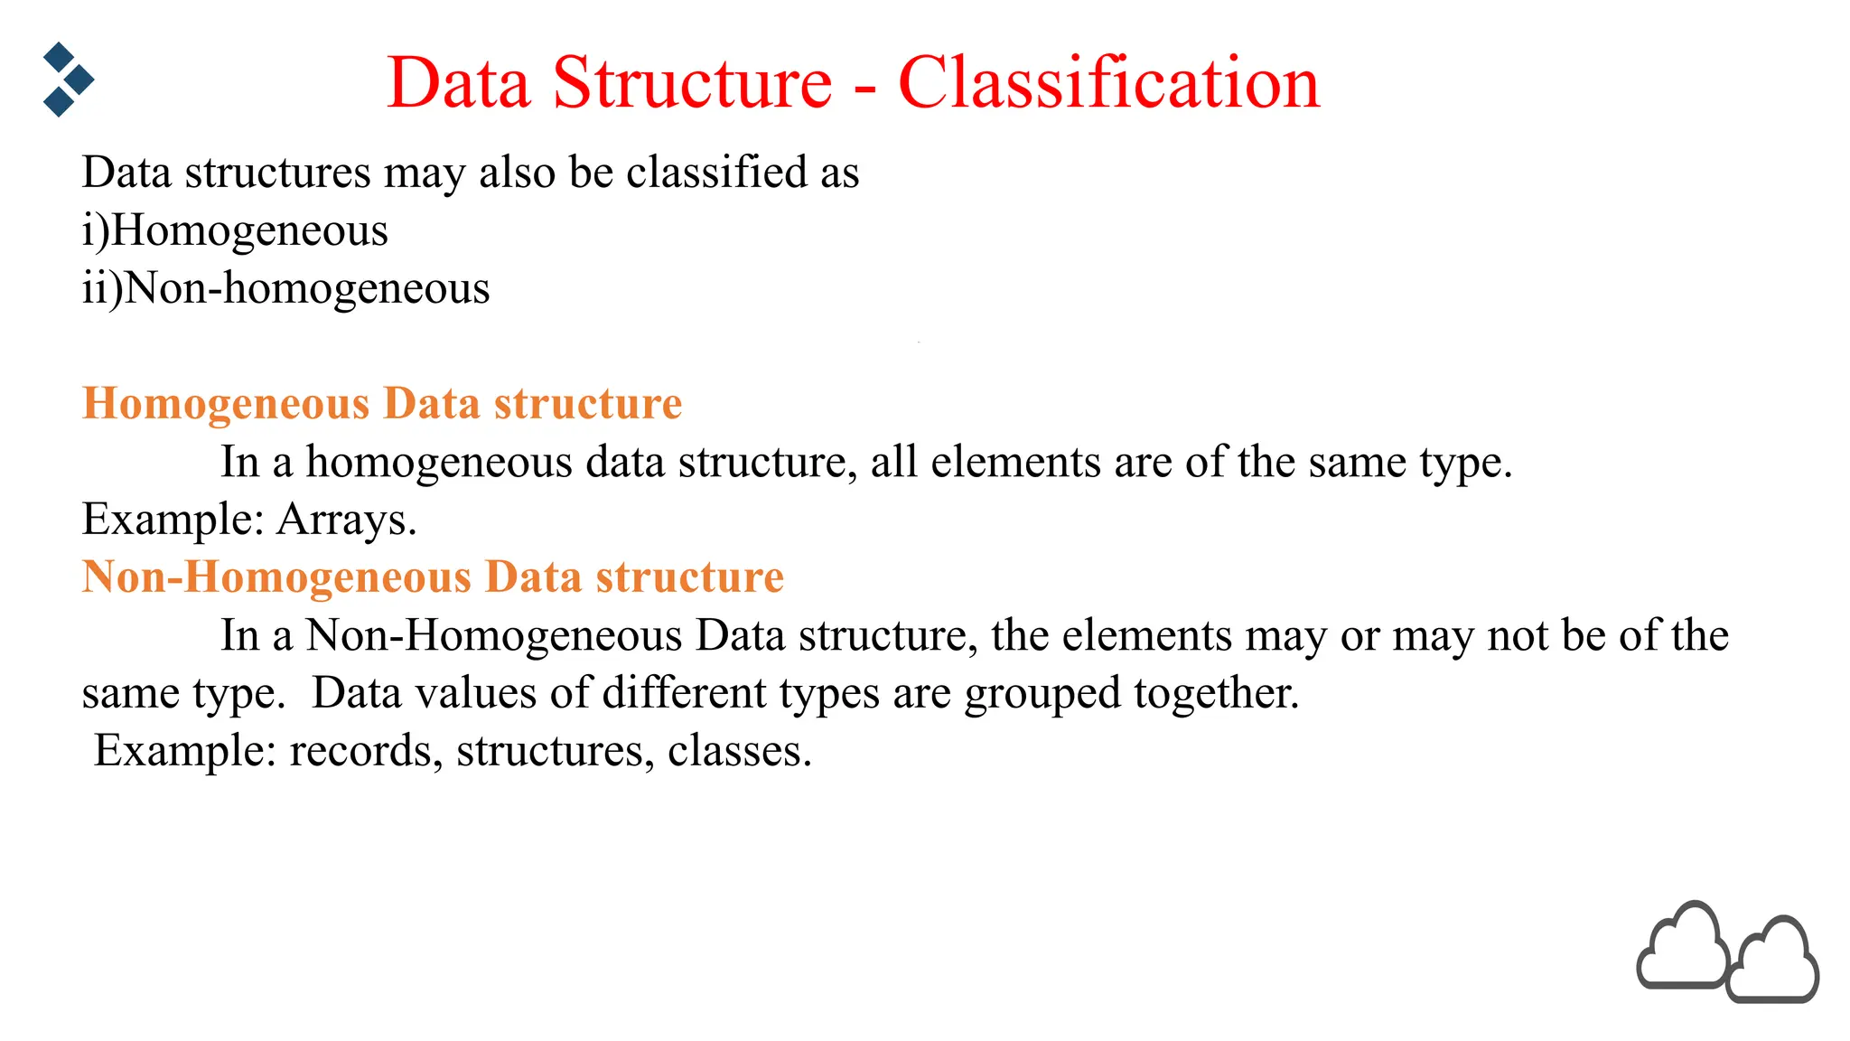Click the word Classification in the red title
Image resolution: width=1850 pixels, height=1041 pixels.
[x=1108, y=83]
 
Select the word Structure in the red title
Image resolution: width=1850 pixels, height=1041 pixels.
[x=692, y=83]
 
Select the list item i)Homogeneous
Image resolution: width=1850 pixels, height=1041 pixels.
[x=235, y=230]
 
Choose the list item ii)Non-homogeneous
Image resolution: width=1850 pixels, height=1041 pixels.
[x=285, y=288]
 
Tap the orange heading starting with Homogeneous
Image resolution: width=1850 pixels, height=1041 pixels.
[x=381, y=403]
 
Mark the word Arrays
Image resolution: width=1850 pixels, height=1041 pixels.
[x=346, y=520]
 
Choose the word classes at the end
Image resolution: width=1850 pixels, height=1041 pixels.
[x=739, y=751]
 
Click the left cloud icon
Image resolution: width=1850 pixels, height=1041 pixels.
[x=1682, y=946]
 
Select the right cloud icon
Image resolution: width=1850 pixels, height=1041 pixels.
[x=1772, y=963]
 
